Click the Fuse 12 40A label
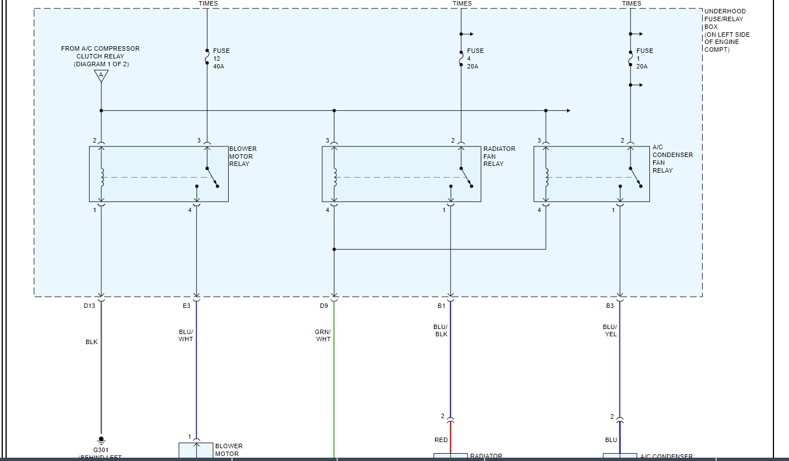point(221,58)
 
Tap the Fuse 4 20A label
point(475,58)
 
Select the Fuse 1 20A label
point(644,58)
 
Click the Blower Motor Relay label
point(243,156)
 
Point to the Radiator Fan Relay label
point(499,156)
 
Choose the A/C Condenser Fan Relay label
point(672,159)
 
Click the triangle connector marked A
point(101,75)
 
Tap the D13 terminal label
point(89,306)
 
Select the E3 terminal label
point(186,306)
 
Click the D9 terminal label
point(324,306)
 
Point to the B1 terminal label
point(441,306)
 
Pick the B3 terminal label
point(610,306)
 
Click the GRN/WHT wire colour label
point(323,335)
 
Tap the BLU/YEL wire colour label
point(610,330)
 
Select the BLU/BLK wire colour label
point(441,330)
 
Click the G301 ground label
point(101,449)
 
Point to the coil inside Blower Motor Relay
point(101,177)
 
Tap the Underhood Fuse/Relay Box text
point(727,30)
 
